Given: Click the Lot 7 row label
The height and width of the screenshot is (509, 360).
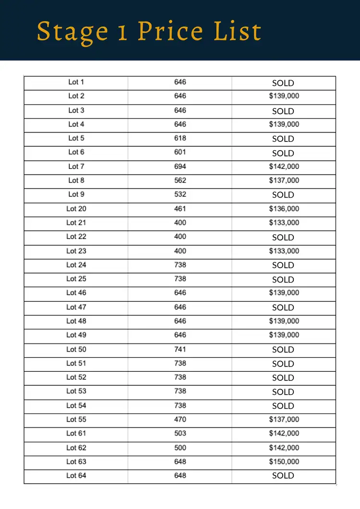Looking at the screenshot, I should point(76,166).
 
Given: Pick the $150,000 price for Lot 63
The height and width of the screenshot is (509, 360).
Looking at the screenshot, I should point(284,462).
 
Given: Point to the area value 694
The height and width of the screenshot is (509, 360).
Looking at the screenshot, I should point(180,166).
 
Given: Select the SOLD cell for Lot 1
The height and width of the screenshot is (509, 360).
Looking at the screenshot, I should point(283,83).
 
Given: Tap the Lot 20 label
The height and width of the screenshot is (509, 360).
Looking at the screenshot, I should point(76,209).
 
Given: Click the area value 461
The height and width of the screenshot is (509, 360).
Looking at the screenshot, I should point(180,209).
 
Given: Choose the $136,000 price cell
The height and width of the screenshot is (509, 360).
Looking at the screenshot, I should point(284,209).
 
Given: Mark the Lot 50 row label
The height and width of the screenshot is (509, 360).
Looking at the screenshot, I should point(76,349).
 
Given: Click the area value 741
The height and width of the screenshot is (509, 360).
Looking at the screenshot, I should point(180,349).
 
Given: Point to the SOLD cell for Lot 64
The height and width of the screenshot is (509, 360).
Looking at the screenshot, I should point(283,475).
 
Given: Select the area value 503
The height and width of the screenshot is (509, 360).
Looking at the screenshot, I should point(180,433).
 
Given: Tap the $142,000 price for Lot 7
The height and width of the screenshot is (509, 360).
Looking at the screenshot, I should point(284,166).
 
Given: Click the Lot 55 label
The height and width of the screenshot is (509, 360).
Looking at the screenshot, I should point(76,419).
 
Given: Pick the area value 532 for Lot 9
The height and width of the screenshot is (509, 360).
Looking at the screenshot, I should point(180,194).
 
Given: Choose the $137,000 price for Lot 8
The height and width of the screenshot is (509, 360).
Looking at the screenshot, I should point(284,180).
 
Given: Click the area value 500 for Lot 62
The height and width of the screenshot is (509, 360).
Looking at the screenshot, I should point(180,448).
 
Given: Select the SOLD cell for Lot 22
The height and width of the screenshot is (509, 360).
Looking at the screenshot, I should point(283,237).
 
